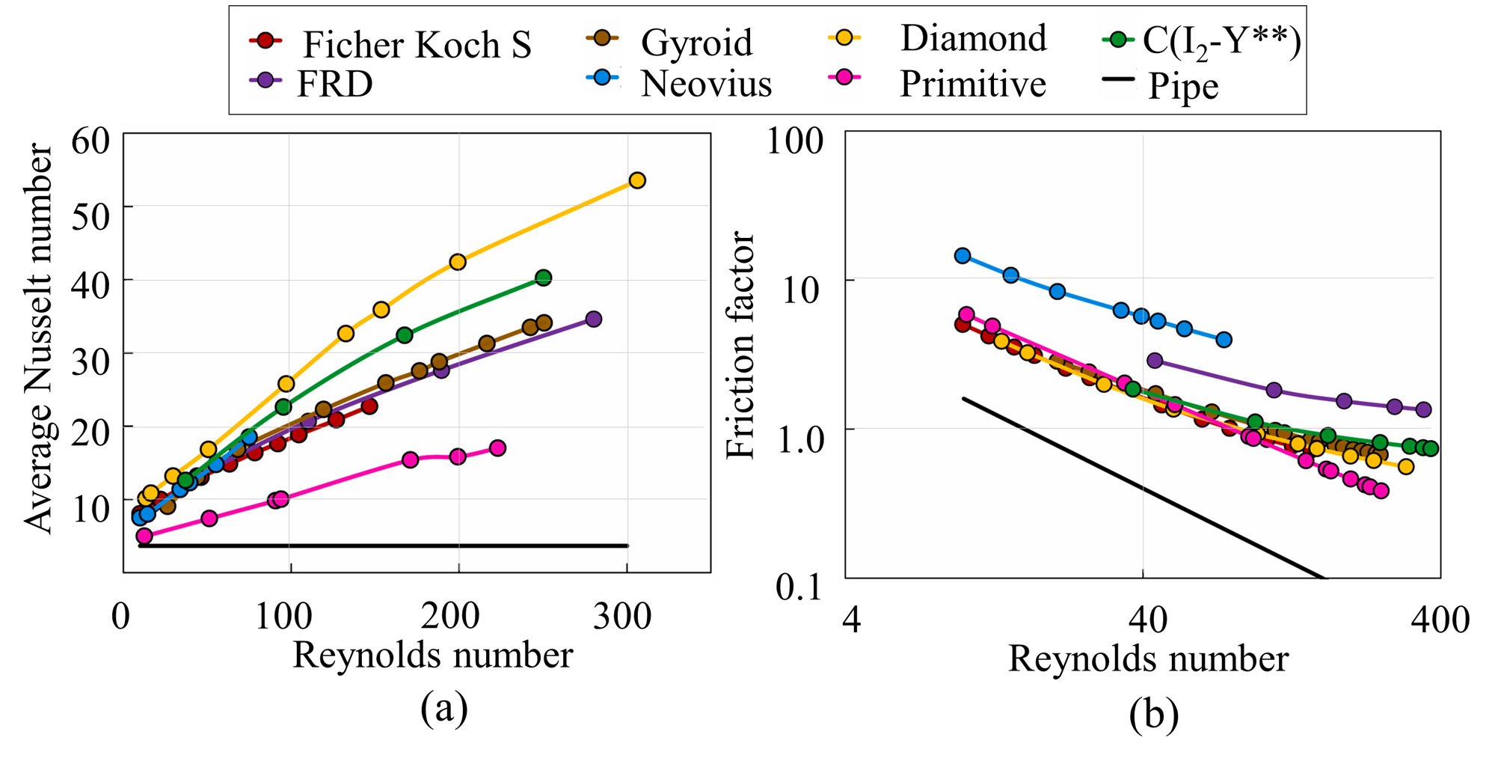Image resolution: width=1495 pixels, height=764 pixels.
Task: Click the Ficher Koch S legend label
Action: pos(417,45)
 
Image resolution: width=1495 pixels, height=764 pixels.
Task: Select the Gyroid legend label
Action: pos(696,42)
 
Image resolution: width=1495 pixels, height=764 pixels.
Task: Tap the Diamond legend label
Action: pos(973,38)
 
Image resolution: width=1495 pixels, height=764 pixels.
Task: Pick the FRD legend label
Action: pos(334,84)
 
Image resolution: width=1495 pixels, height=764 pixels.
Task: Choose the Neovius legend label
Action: pos(706,83)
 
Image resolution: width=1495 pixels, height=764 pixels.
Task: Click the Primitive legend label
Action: pos(972,83)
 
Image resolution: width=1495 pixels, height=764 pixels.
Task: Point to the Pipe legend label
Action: pos(1182,86)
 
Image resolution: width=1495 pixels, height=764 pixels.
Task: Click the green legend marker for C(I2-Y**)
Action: pos(1118,40)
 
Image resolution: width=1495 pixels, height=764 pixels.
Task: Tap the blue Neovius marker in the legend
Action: pos(602,78)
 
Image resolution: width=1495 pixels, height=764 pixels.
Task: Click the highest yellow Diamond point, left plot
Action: pos(636,180)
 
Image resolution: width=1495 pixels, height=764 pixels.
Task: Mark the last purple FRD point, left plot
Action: pos(594,320)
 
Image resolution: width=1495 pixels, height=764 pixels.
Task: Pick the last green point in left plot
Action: pos(544,278)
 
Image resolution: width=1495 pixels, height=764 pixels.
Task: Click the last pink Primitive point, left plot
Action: pos(497,448)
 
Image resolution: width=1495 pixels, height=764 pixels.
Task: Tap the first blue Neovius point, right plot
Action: pos(963,256)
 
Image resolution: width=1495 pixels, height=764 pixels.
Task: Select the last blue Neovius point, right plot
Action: pos(1224,340)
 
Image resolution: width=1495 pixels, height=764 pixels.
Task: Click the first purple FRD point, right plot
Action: pos(1155,361)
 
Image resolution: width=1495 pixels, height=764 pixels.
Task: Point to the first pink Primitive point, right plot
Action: pos(966,314)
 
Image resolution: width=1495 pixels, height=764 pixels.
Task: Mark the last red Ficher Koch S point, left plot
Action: pos(369,406)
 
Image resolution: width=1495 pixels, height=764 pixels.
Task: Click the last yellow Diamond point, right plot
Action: pos(1406,467)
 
